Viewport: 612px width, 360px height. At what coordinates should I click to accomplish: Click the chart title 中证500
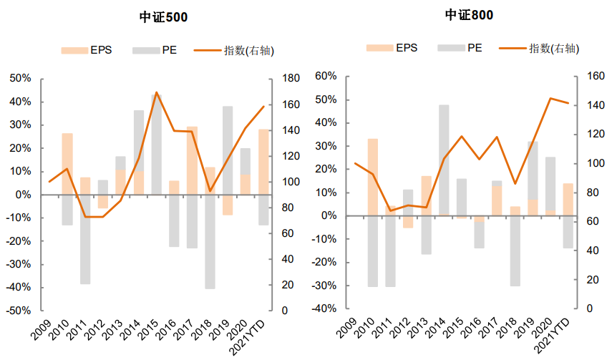pos(163,17)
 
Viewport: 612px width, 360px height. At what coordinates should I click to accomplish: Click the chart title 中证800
pos(469,15)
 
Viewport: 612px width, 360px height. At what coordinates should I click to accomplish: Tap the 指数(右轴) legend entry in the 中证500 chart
pos(234,50)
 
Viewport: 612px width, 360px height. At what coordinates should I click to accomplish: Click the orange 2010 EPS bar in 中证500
pos(67,164)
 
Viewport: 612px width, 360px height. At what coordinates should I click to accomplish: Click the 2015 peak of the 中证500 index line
pos(157,92)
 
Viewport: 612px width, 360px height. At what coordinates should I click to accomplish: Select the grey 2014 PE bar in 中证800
pos(444,160)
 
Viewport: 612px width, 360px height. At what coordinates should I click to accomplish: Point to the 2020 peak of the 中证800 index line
pos(550,98)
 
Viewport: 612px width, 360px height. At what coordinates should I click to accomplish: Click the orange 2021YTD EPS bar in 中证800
pos(568,200)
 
